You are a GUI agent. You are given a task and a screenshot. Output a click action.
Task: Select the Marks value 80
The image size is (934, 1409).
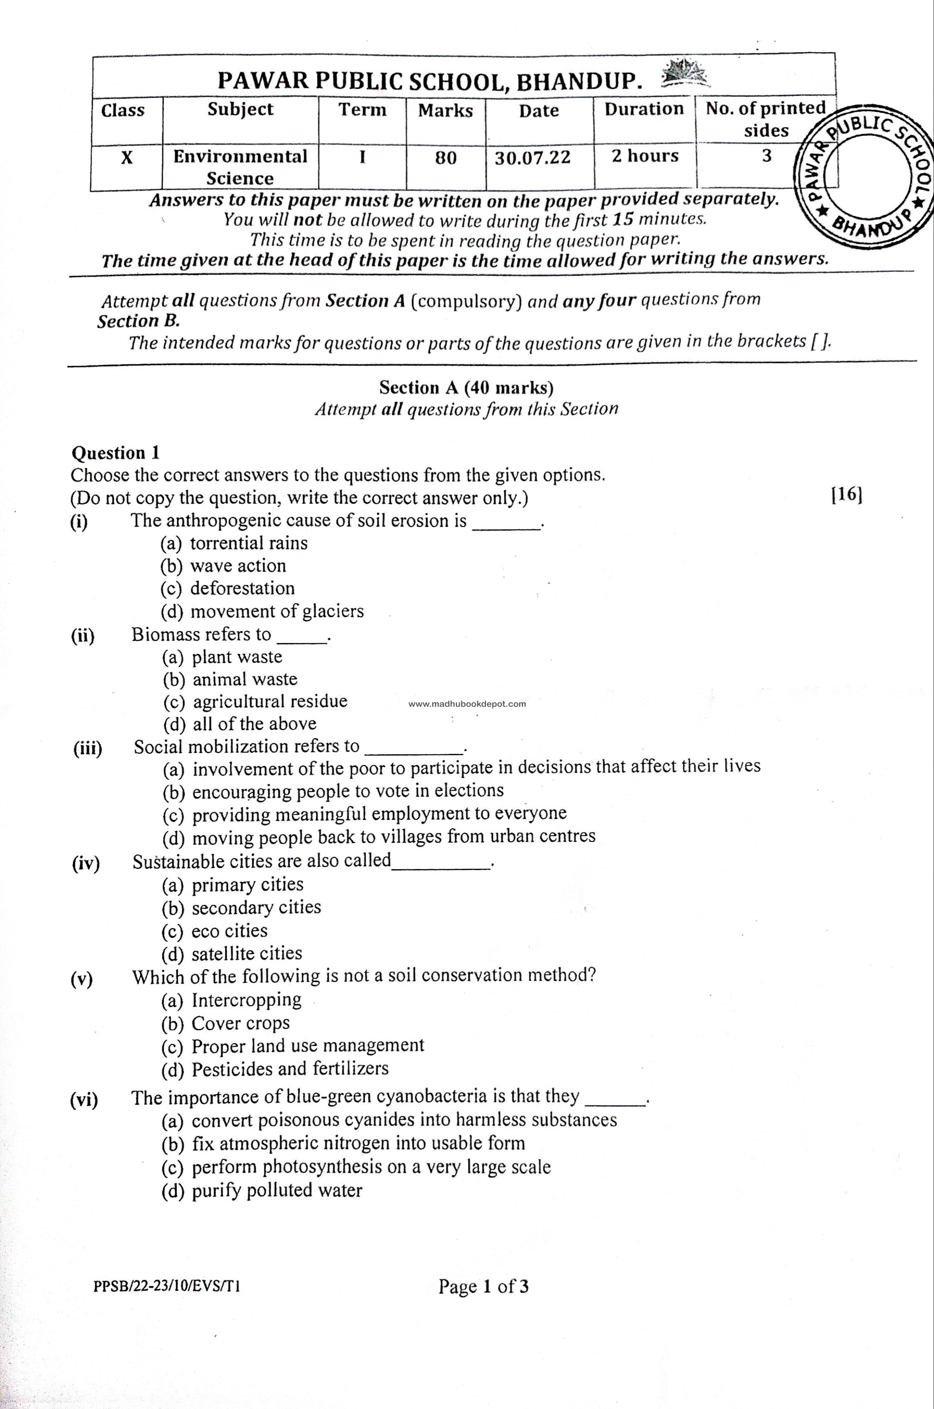(446, 158)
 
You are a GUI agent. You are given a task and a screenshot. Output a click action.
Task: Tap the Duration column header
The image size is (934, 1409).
(644, 109)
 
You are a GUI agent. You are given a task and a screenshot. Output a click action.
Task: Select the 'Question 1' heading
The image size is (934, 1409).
(116, 453)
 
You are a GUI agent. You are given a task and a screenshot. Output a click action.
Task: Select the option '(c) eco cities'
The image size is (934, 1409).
(215, 930)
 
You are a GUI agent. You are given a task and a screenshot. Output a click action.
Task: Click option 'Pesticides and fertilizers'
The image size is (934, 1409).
(275, 1069)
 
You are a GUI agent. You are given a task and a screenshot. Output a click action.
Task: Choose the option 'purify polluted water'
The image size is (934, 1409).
(262, 1191)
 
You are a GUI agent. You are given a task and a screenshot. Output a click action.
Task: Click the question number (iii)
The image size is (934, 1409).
(88, 748)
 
